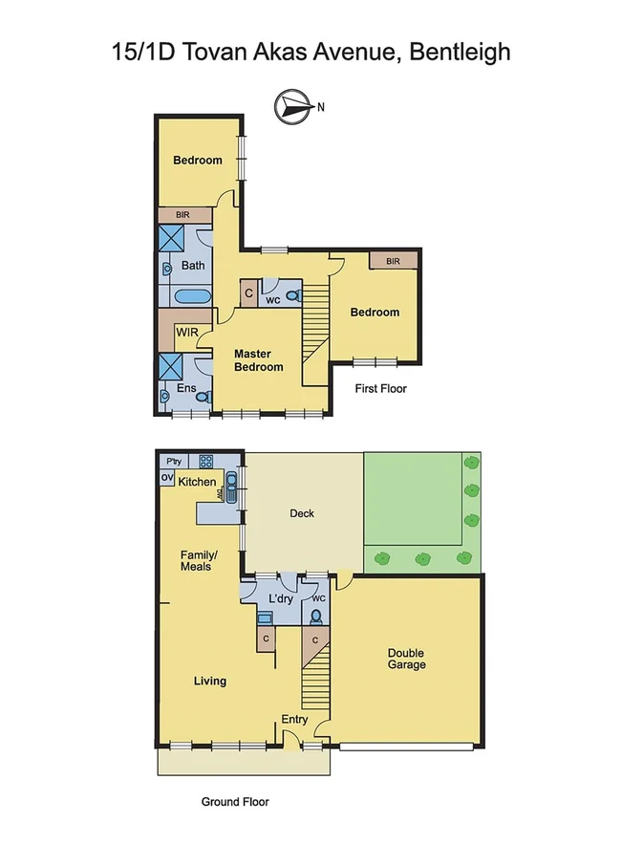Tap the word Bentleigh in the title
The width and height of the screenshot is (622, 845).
(460, 51)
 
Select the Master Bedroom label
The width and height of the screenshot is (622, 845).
(259, 360)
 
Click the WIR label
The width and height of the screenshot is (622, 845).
(185, 335)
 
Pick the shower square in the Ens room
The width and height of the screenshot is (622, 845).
(172, 366)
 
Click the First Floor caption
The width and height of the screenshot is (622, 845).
(380, 389)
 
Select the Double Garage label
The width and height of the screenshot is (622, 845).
(406, 659)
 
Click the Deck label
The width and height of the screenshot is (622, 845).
(302, 513)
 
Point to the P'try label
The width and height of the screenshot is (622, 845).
(173, 460)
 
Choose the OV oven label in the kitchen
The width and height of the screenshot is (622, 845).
(165, 478)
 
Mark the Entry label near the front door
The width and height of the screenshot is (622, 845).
(294, 720)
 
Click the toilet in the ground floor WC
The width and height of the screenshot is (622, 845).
(315, 617)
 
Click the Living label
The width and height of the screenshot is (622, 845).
(210, 681)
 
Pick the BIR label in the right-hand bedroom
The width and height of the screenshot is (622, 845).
(393, 260)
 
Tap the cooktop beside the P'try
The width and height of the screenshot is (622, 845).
(204, 460)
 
